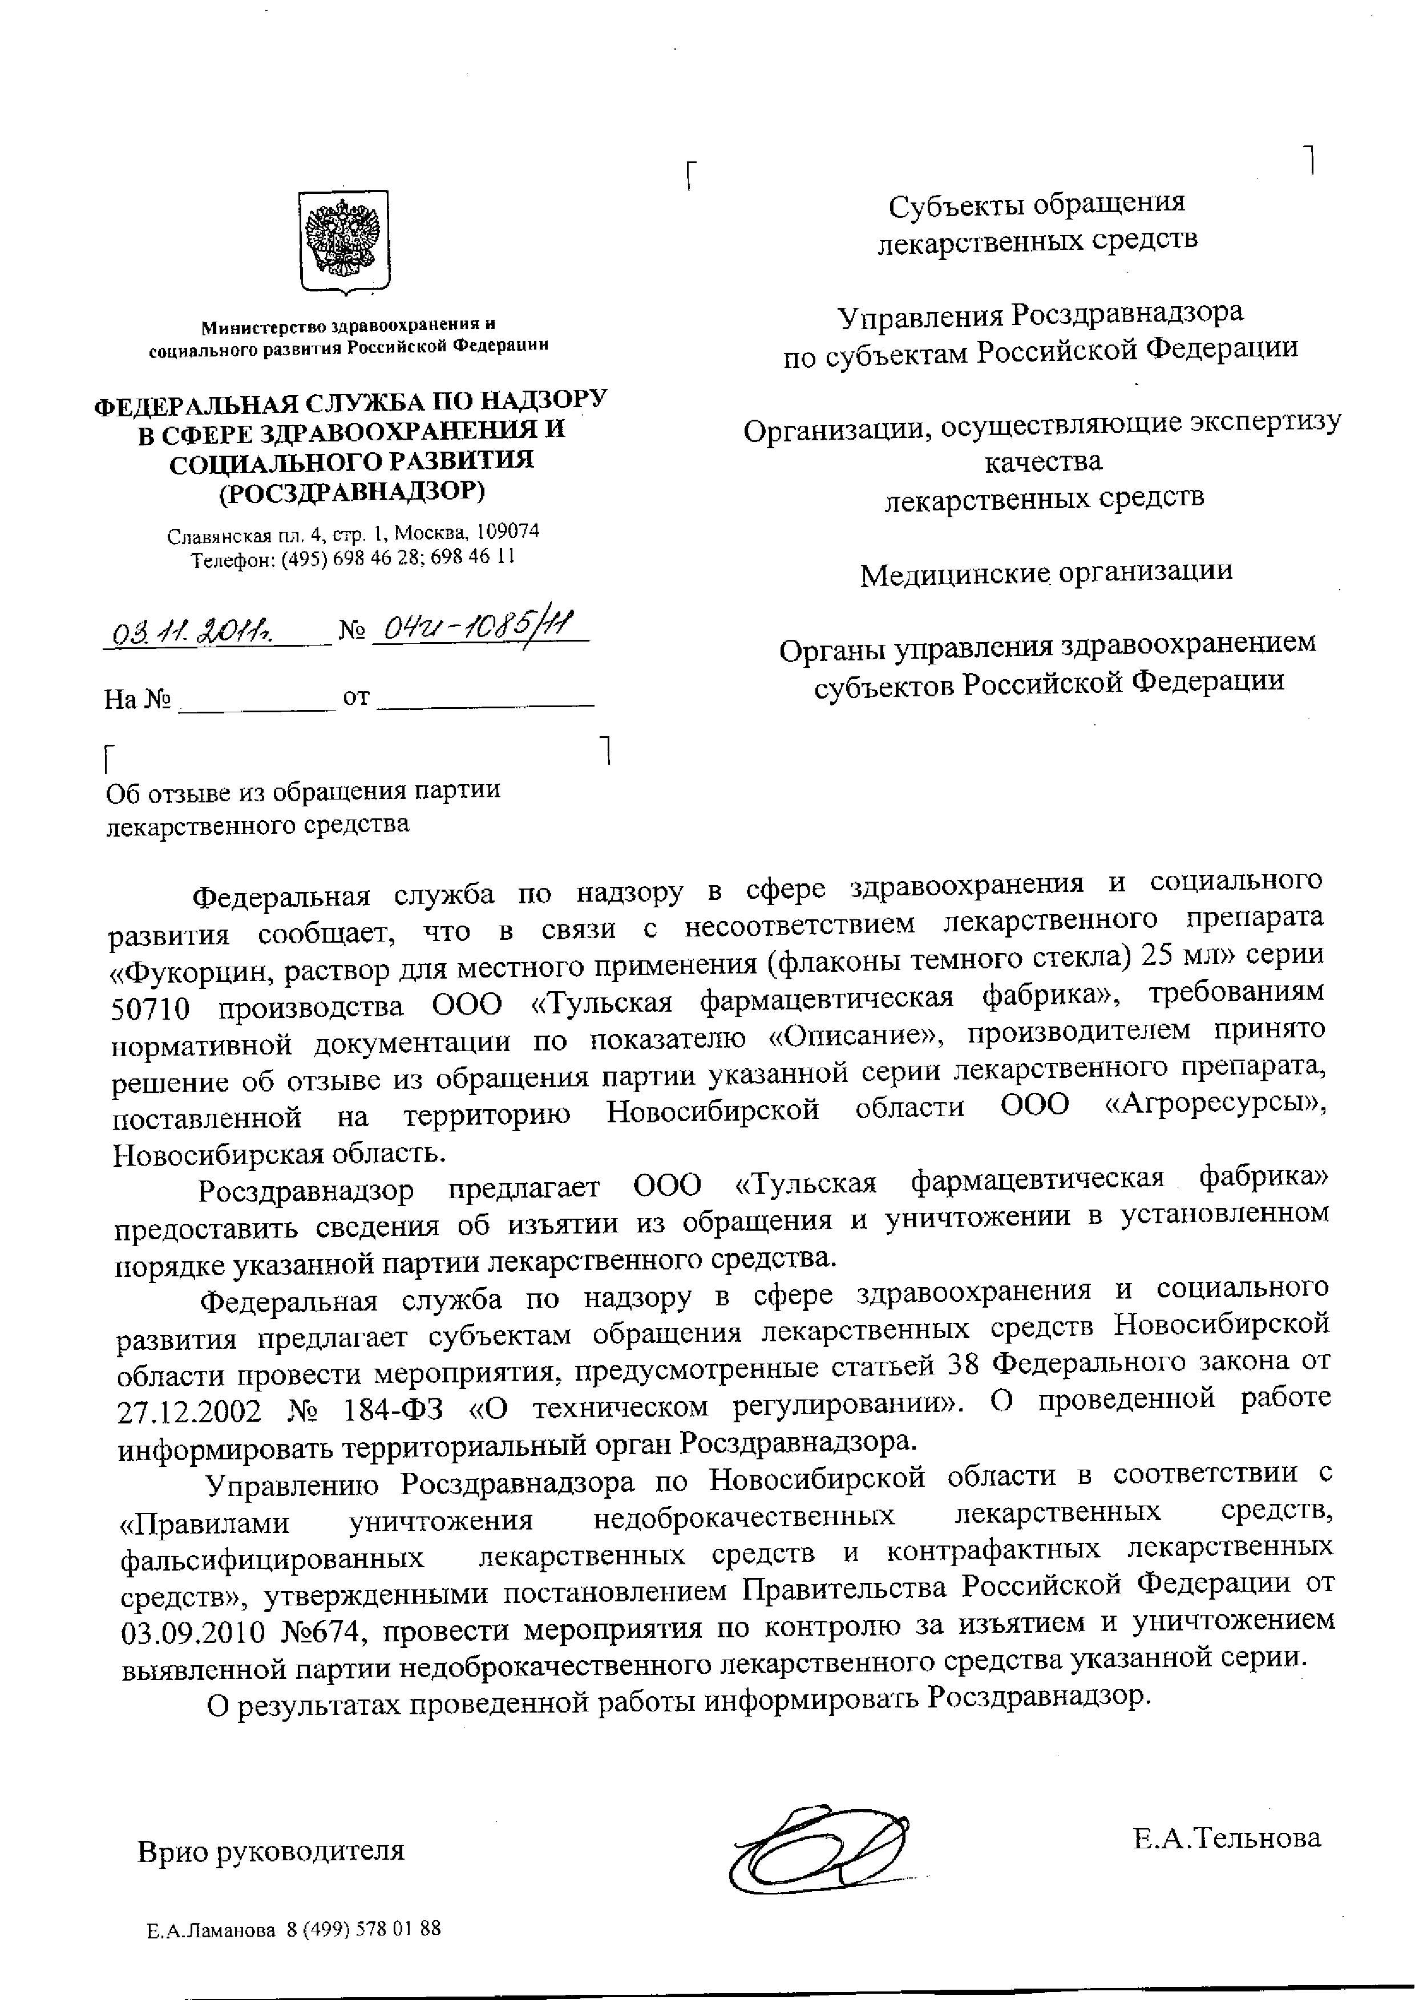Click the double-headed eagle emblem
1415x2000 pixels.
pyautogui.click(x=343, y=241)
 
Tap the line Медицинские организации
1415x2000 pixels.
pyautogui.click(x=1046, y=573)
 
